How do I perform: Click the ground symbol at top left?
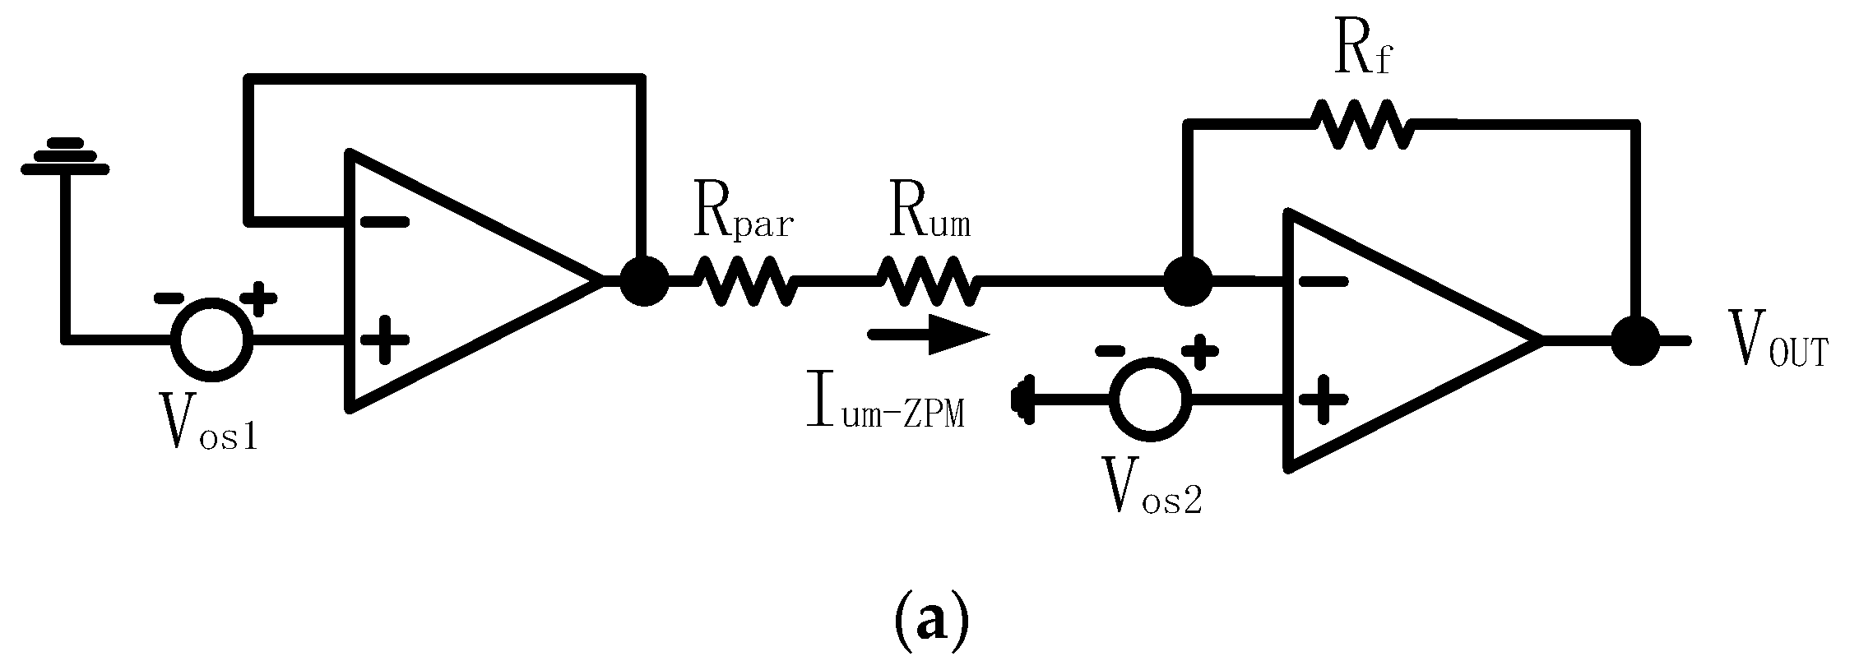(x=64, y=156)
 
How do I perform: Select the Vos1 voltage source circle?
(x=211, y=339)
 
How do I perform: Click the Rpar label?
(x=741, y=218)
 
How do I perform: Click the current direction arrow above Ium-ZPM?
(x=928, y=335)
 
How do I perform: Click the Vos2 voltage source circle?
(x=1150, y=399)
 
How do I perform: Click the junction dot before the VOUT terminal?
(x=1635, y=340)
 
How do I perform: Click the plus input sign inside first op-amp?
(x=383, y=339)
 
